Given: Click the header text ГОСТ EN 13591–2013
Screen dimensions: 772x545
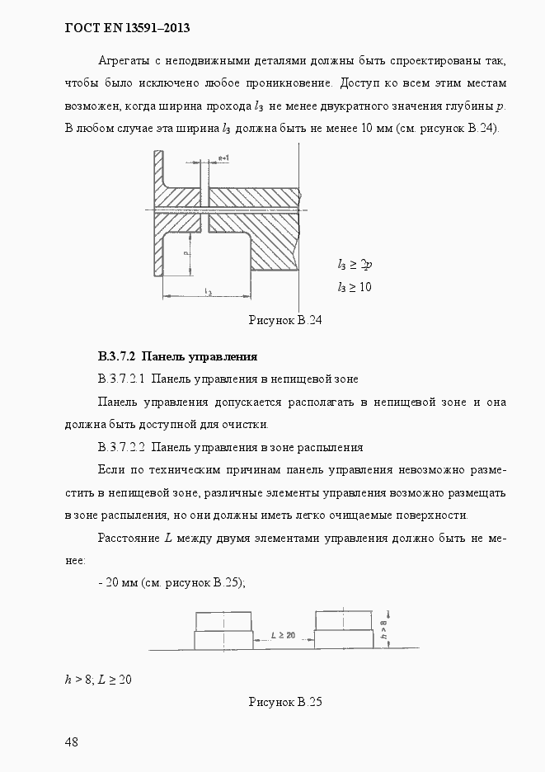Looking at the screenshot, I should [x=127, y=28].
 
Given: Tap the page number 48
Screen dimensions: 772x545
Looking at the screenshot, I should [x=72, y=741].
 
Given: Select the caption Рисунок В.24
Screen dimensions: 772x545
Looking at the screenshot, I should [x=284, y=321].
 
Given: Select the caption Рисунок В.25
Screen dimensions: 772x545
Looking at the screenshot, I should [x=284, y=702].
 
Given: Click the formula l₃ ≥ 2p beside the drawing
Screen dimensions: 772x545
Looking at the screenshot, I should [x=355, y=265].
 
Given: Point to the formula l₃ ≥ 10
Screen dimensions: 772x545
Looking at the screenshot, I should [x=355, y=287].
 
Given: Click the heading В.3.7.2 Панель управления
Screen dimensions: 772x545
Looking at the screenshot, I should [x=177, y=357].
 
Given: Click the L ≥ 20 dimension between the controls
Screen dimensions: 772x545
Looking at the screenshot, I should [x=284, y=636].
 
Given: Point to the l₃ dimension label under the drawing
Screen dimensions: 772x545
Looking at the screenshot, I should [x=207, y=291].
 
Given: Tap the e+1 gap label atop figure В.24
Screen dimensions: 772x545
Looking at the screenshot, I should [x=223, y=158].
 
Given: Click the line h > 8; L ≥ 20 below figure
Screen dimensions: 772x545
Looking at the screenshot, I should [x=98, y=680].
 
